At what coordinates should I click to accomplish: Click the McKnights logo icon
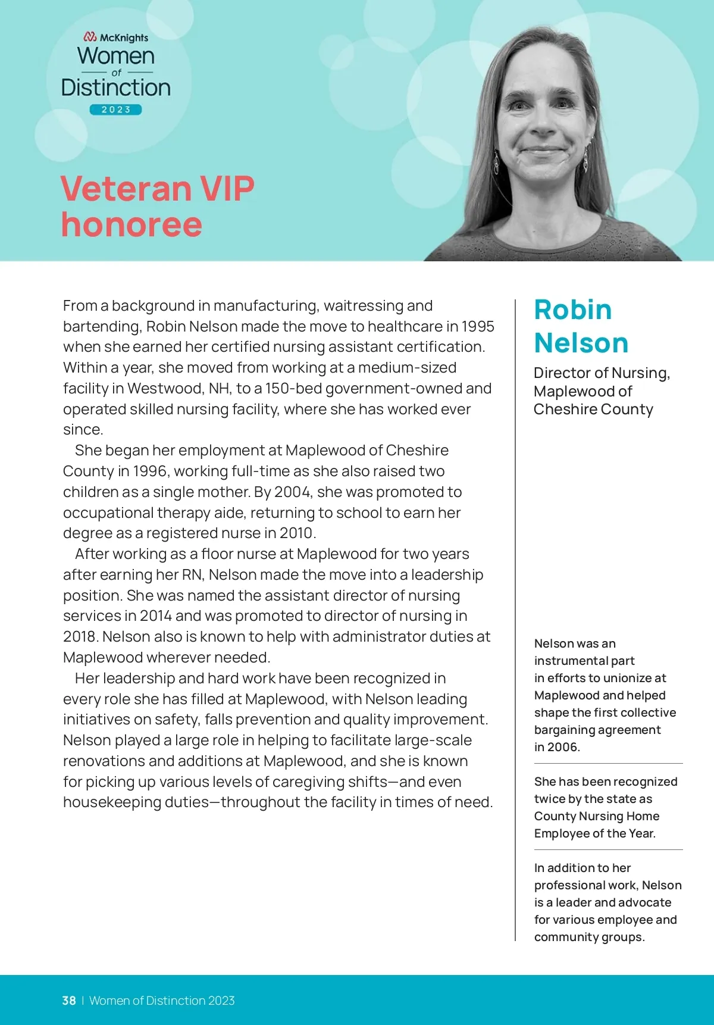(90, 37)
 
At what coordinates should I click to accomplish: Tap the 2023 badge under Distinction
(116, 110)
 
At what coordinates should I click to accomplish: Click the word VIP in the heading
(227, 189)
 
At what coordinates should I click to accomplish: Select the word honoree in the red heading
(131, 224)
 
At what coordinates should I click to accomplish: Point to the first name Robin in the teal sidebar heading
(572, 310)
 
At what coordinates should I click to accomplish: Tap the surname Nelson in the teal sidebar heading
(581, 343)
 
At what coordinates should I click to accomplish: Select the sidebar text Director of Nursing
(601, 373)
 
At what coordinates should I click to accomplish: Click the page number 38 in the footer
(69, 1001)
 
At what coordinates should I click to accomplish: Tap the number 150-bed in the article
(293, 389)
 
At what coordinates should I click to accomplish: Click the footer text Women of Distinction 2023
(162, 1001)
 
